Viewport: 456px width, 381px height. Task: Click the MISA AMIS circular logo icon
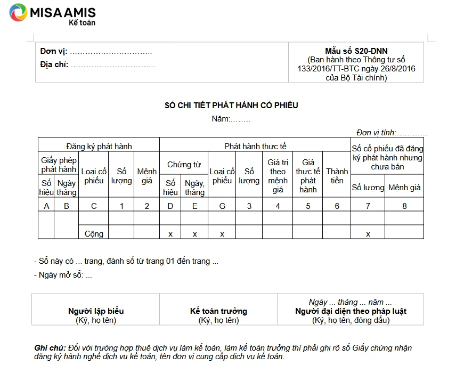tap(19, 12)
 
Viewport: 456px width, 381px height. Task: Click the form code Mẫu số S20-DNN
tap(356, 51)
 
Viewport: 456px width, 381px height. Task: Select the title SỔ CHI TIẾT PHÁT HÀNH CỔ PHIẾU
tap(231, 105)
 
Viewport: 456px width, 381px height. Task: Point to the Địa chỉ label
tap(54, 65)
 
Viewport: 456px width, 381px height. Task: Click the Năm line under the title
tap(231, 119)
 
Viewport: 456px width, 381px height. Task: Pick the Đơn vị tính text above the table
tap(392, 133)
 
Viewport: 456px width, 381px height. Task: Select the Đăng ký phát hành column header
tap(99, 146)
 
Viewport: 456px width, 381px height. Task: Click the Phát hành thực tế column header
tap(255, 146)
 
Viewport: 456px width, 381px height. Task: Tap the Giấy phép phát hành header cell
tap(59, 165)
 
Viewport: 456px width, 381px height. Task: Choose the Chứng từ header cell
tap(184, 165)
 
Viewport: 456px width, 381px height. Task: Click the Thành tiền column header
tap(337, 176)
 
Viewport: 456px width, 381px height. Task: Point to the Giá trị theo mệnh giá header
tap(278, 176)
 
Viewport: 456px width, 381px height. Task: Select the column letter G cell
tap(222, 206)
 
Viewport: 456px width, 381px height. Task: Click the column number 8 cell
tap(404, 206)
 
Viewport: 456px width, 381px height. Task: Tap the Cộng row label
tap(94, 233)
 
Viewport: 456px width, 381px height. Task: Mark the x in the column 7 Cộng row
tap(368, 234)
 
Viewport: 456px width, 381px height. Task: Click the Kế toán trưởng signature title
tap(218, 311)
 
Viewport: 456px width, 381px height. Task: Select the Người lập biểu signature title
tap(96, 311)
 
